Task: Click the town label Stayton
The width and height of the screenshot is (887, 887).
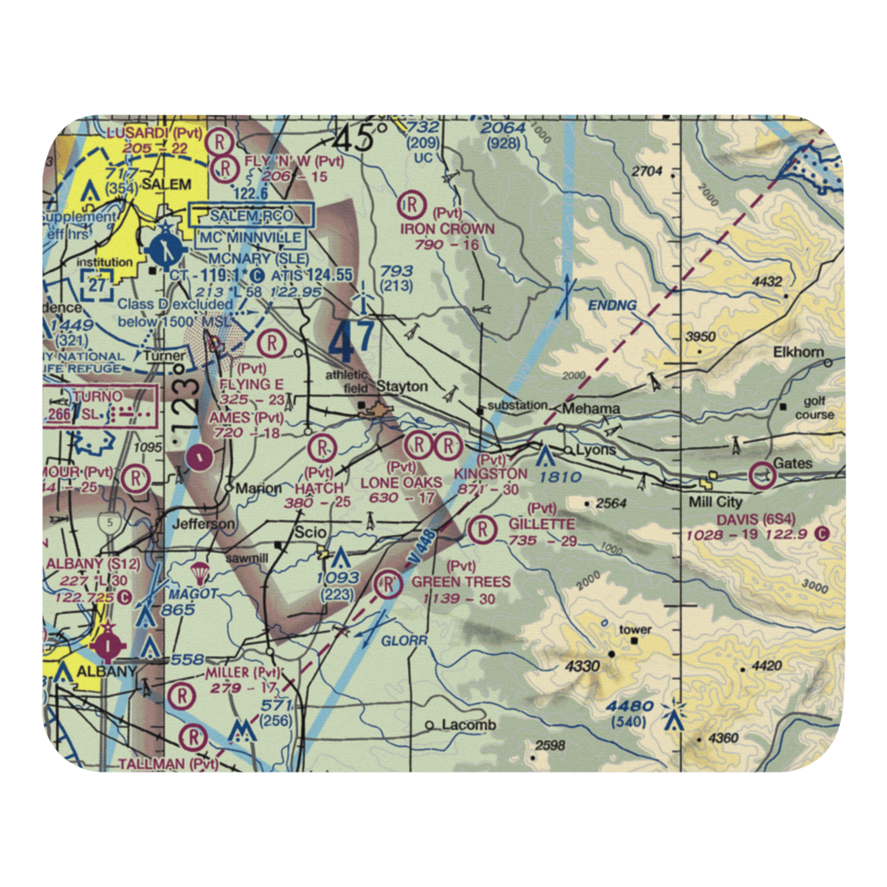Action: coord(402,387)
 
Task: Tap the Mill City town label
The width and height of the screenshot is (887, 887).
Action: coord(718,501)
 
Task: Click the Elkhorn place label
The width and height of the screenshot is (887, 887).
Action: coord(798,352)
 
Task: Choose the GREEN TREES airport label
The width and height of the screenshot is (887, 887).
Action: coord(461,582)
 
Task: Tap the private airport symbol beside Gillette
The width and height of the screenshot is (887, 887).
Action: coord(482,530)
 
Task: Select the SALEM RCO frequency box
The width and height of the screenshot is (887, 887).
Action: coord(251,216)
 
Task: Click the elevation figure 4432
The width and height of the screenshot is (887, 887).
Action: coord(766,282)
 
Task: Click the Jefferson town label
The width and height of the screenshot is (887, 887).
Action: coord(207,524)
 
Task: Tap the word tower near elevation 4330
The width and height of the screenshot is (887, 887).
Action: coord(636,630)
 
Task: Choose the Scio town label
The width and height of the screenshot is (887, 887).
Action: coord(301,532)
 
